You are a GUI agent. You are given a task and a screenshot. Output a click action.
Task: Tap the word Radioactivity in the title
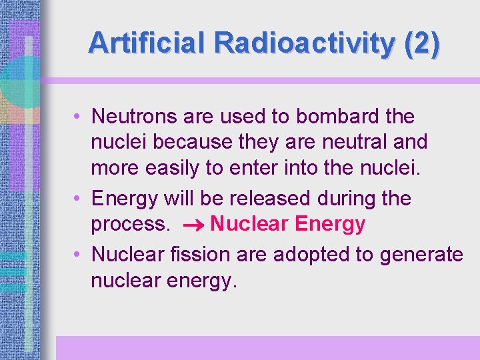tap(305, 43)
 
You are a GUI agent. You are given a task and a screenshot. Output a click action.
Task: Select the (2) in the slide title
tap(421, 43)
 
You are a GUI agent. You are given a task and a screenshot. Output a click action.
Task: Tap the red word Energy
tap(329, 225)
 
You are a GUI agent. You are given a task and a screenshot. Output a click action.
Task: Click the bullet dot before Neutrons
tap(79, 117)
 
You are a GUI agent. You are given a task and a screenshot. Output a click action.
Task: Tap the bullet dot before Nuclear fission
tap(79, 254)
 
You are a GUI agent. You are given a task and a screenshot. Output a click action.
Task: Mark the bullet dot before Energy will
tap(79, 199)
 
